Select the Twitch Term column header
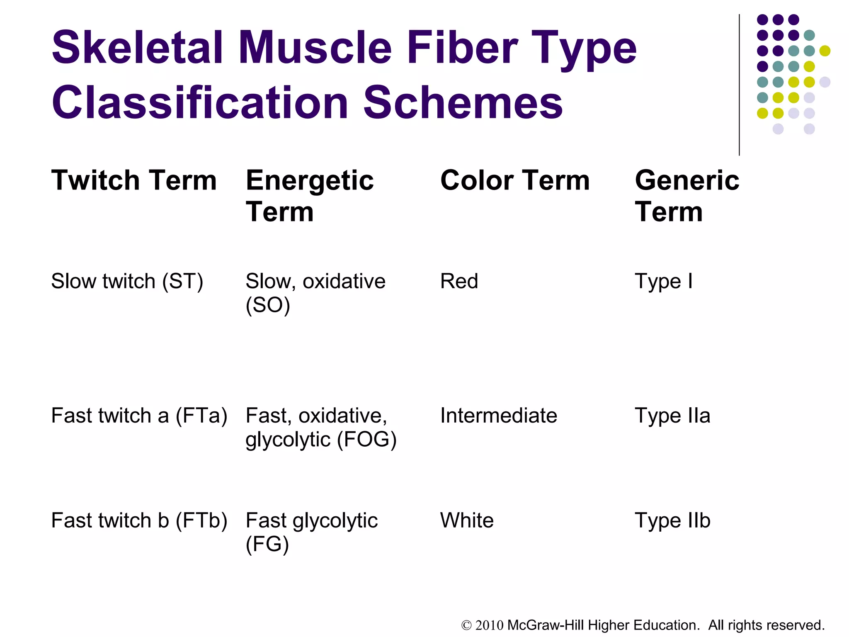click(134, 180)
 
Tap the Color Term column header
click(514, 180)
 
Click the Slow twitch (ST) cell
click(127, 282)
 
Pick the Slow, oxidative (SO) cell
click(315, 293)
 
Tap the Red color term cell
click(459, 281)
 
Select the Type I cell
click(663, 282)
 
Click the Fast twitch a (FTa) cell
click(139, 416)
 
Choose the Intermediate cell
click(498, 416)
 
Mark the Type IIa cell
click(672, 416)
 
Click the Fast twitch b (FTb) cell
click(139, 521)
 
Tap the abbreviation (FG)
click(267, 545)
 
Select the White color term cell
click(467, 520)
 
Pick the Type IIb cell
click(672, 521)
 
